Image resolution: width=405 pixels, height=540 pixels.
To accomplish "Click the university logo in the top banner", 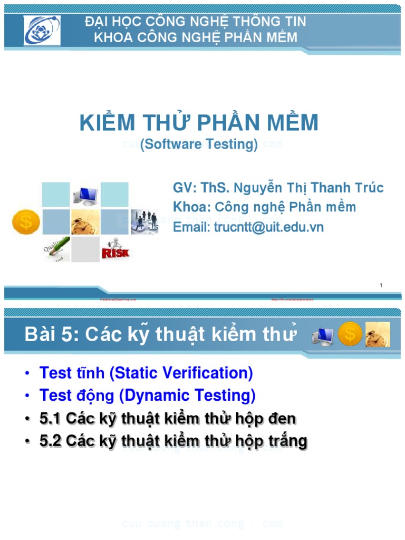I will (x=42, y=30).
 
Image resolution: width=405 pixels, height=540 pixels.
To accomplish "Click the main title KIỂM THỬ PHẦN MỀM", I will (x=199, y=123).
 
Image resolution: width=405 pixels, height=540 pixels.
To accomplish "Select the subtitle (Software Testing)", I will (x=199, y=144).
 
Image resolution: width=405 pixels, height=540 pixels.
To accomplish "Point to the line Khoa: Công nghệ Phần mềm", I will (x=264, y=207).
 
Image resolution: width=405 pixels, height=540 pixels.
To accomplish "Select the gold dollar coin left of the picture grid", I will (x=26, y=222).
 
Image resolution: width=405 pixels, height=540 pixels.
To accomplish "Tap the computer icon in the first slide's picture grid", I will (x=85, y=195).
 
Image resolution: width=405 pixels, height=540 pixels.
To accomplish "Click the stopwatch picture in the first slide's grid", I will (x=85, y=222).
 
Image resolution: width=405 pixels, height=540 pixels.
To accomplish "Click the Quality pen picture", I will (x=56, y=249).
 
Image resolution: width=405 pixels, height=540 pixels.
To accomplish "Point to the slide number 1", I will (x=380, y=285).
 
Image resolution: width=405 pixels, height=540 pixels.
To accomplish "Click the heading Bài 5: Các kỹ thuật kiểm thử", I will (x=161, y=334).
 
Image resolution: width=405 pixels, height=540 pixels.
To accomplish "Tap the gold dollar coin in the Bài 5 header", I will (x=350, y=334).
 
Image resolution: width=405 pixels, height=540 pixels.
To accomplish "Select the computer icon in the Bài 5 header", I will (x=322, y=335).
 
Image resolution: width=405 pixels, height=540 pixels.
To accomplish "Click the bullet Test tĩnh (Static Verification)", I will (x=146, y=373).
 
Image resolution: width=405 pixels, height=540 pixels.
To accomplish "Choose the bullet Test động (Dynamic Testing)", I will (x=147, y=396).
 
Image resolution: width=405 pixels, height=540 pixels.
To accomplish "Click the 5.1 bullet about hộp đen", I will (x=167, y=419).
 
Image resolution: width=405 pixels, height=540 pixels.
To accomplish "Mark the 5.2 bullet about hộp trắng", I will (x=173, y=441).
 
